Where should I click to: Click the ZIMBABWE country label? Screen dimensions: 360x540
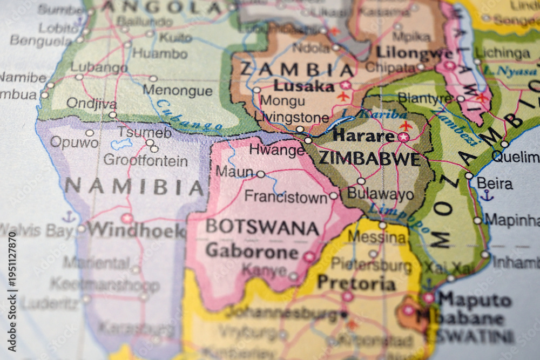[369, 159]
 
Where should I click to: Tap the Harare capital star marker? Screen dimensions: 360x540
[403, 137]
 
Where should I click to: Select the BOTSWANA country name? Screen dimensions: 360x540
[262, 227]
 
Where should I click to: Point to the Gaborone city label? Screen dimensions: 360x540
[252, 252]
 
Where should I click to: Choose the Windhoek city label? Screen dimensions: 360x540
[136, 230]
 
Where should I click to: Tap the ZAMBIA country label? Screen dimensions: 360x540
[296, 70]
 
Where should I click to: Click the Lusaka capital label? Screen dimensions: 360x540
[303, 86]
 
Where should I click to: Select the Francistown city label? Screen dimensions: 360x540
[286, 196]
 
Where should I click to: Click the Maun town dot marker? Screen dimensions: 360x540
[261, 174]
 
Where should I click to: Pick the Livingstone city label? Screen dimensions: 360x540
[292, 117]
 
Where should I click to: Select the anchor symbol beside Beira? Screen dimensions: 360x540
[487, 195]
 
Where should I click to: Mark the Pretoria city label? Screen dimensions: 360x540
[356, 283]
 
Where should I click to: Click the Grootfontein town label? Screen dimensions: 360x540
[145, 160]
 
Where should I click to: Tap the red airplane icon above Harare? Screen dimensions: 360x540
[406, 125]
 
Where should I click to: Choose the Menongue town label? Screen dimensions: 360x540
[178, 91]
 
